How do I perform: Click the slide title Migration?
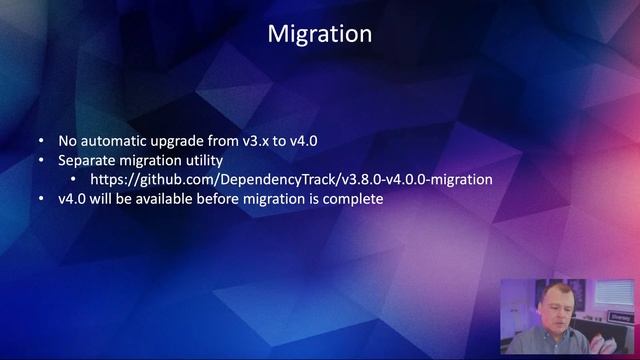tap(320, 34)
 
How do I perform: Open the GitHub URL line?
tap(291, 179)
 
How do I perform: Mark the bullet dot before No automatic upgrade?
tap(41, 141)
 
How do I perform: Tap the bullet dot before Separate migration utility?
tap(41, 160)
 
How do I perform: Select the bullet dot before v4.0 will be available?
tap(41, 198)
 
